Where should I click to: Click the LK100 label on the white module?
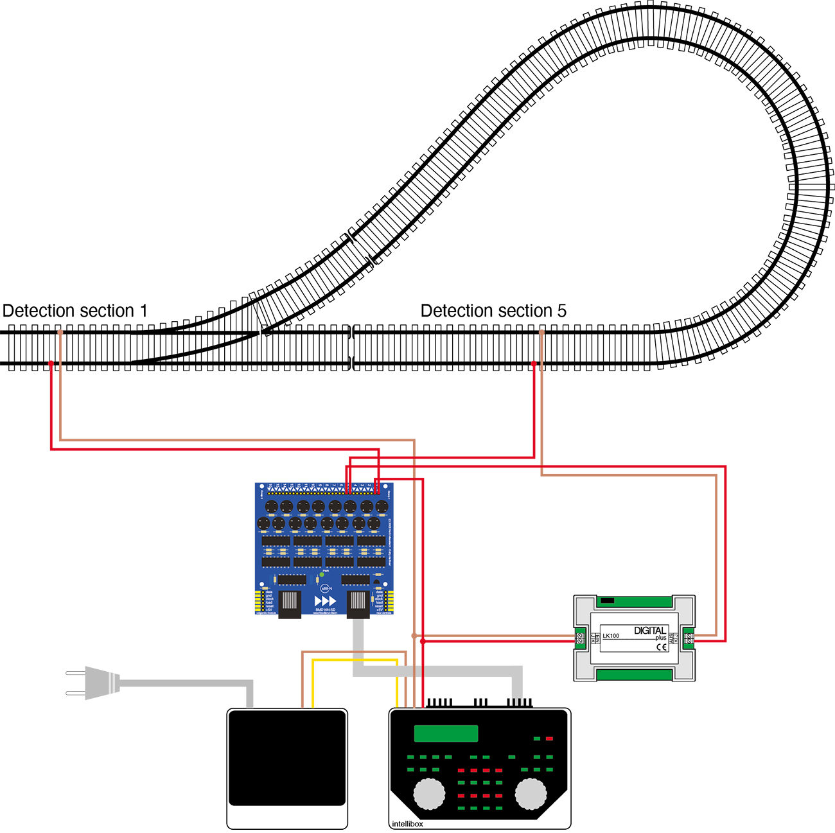point(611,636)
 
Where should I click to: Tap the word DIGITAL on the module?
point(650,630)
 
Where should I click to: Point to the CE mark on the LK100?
point(662,647)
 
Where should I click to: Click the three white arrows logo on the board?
point(325,601)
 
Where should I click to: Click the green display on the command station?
point(446,733)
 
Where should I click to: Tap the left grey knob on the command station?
point(429,793)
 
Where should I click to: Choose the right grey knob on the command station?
point(531,793)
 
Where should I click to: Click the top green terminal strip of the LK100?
point(634,602)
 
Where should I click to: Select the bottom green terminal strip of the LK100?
point(634,674)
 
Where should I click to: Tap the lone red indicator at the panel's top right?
point(549,739)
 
